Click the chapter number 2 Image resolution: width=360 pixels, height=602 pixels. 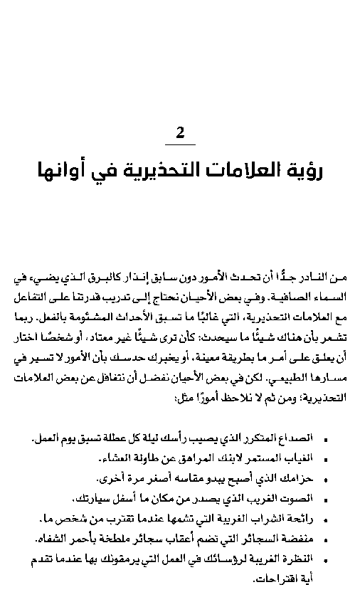click(180, 132)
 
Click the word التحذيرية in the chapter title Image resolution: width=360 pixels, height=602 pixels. click(169, 171)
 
